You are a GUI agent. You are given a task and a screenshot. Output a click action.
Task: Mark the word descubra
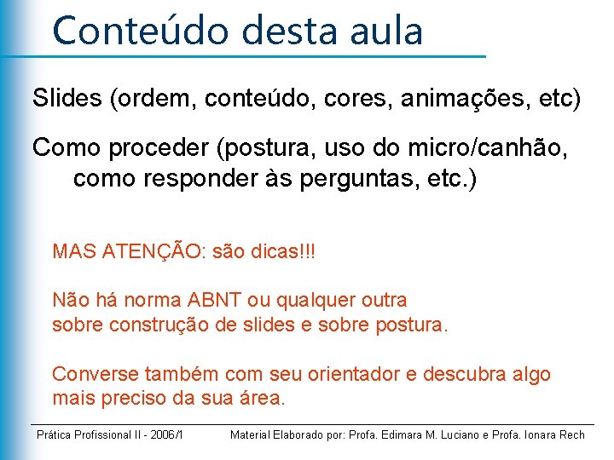click(x=466, y=374)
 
